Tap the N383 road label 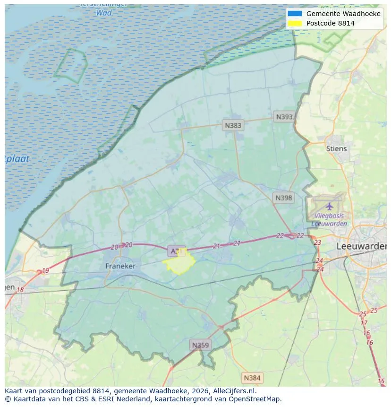click(233, 125)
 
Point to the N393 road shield click(284, 117)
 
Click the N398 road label click(283, 198)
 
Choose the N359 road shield click(200, 345)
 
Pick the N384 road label click(252, 378)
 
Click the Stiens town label click(336, 148)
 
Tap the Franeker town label click(120, 266)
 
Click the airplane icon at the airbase click(329, 206)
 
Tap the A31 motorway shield click(176, 251)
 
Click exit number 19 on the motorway click(45, 271)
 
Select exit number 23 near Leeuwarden click(317, 242)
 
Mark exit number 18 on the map click(20, 290)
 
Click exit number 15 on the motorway click(381, 381)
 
